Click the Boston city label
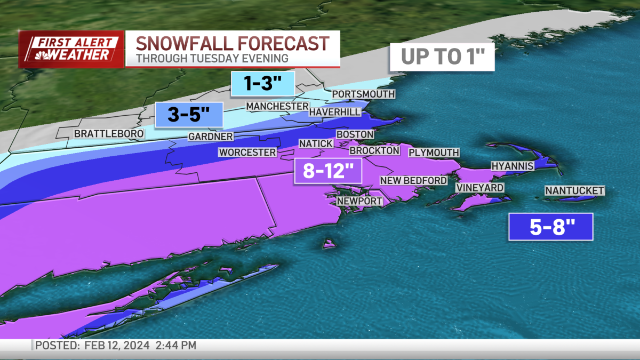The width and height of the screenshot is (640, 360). coord(355,134)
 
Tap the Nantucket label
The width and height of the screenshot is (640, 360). coord(574,190)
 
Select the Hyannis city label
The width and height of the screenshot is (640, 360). coord(512,166)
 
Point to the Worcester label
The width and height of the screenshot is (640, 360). coord(247,153)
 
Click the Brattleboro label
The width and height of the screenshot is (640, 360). coord(109,133)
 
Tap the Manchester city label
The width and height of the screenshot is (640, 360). coord(277,107)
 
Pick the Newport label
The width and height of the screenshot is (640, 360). coord(359,201)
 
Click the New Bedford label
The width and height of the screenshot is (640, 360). coord(413,181)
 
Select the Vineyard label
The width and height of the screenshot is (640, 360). coord(479,188)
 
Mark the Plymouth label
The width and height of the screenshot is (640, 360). coord(434,153)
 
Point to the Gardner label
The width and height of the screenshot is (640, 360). coord(210,137)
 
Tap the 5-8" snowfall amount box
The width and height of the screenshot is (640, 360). coord(550,227)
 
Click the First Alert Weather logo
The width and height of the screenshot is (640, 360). coord(71,49)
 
